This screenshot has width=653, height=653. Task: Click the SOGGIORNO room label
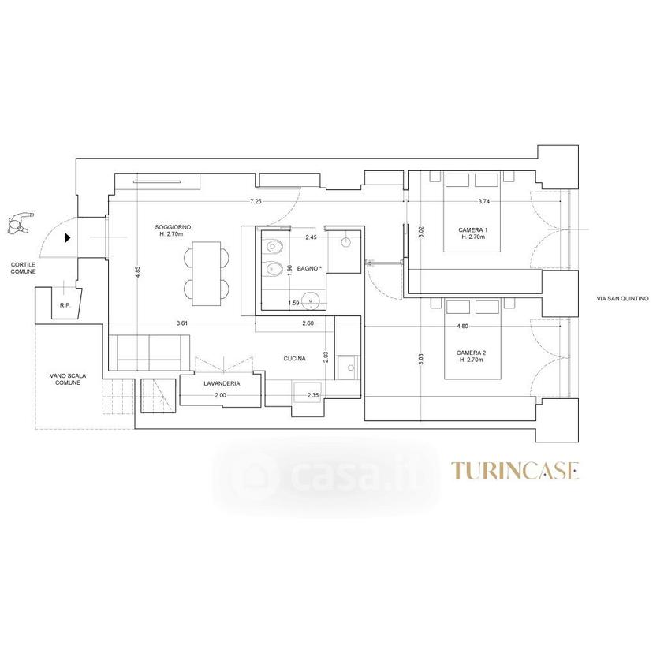click(x=173, y=227)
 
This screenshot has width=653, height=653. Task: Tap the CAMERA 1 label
click(x=472, y=229)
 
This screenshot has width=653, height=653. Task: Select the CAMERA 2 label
click(x=472, y=353)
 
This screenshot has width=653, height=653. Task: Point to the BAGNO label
click(x=309, y=269)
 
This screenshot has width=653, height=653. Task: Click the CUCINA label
click(x=294, y=358)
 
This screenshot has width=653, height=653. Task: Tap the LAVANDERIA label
click(x=222, y=383)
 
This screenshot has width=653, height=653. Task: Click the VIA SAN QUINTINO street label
click(x=622, y=298)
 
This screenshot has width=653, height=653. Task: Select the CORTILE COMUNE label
click(x=24, y=268)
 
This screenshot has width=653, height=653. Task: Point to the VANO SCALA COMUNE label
click(x=68, y=379)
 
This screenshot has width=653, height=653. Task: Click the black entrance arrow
click(x=67, y=238)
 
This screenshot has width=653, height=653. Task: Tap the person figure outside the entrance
click(x=20, y=223)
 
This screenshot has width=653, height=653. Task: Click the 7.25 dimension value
click(x=256, y=201)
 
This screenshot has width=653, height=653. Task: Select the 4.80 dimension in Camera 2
click(x=462, y=326)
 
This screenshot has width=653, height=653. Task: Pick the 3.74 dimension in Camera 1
click(x=484, y=201)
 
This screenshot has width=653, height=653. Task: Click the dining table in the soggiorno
click(x=207, y=274)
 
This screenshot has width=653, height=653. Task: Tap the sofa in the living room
click(x=149, y=353)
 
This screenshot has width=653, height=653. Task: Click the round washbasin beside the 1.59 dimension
click(x=310, y=301)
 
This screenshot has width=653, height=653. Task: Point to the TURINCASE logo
click(x=515, y=471)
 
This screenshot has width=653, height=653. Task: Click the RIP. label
click(x=65, y=305)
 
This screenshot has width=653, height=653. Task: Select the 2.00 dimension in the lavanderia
click(x=220, y=395)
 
